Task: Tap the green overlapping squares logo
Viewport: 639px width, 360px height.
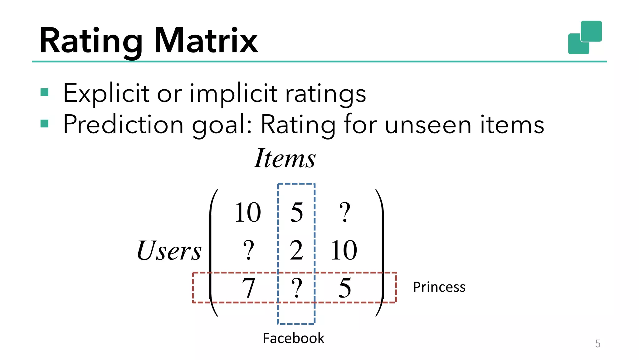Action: click(x=585, y=37)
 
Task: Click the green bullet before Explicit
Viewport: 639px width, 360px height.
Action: click(x=45, y=92)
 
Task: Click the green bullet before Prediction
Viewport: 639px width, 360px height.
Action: click(x=45, y=124)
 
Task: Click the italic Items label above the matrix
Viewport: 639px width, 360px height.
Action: click(x=285, y=158)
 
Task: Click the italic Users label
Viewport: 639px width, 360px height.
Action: click(x=169, y=250)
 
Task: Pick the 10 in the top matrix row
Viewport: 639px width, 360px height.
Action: click(x=248, y=212)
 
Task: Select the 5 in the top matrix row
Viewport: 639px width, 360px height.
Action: click(x=296, y=212)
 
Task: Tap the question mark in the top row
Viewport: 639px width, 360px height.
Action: click(x=345, y=212)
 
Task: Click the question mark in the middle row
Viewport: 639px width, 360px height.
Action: click(x=248, y=250)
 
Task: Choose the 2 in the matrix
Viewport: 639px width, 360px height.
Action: click(x=296, y=250)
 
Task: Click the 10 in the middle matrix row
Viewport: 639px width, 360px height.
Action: click(x=344, y=250)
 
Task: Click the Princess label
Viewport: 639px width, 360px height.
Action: click(x=439, y=287)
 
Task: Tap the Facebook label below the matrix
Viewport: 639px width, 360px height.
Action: click(x=293, y=338)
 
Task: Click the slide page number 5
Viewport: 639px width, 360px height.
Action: click(x=598, y=344)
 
